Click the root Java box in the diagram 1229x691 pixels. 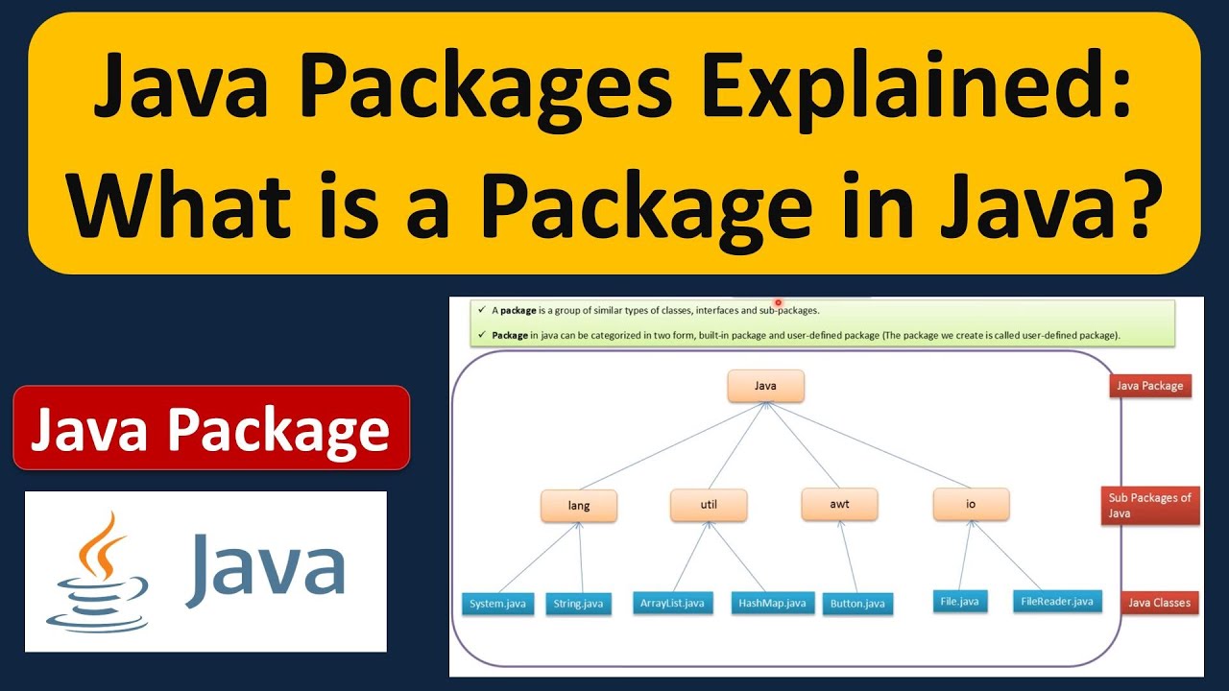point(765,386)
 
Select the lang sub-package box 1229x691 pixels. point(579,505)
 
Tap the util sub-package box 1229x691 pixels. point(709,504)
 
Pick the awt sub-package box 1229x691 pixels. point(839,504)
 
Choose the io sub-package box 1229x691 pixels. point(971,504)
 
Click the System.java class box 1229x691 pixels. point(497,604)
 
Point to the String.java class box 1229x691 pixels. point(579,604)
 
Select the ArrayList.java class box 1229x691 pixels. point(673,603)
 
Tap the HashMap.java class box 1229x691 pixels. point(772,603)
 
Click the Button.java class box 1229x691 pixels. point(857,604)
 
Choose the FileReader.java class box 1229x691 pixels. point(1057,602)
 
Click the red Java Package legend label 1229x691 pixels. point(1150,386)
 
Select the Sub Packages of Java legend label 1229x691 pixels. point(1150,505)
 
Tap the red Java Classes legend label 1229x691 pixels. point(1159,603)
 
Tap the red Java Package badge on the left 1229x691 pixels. point(211,428)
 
